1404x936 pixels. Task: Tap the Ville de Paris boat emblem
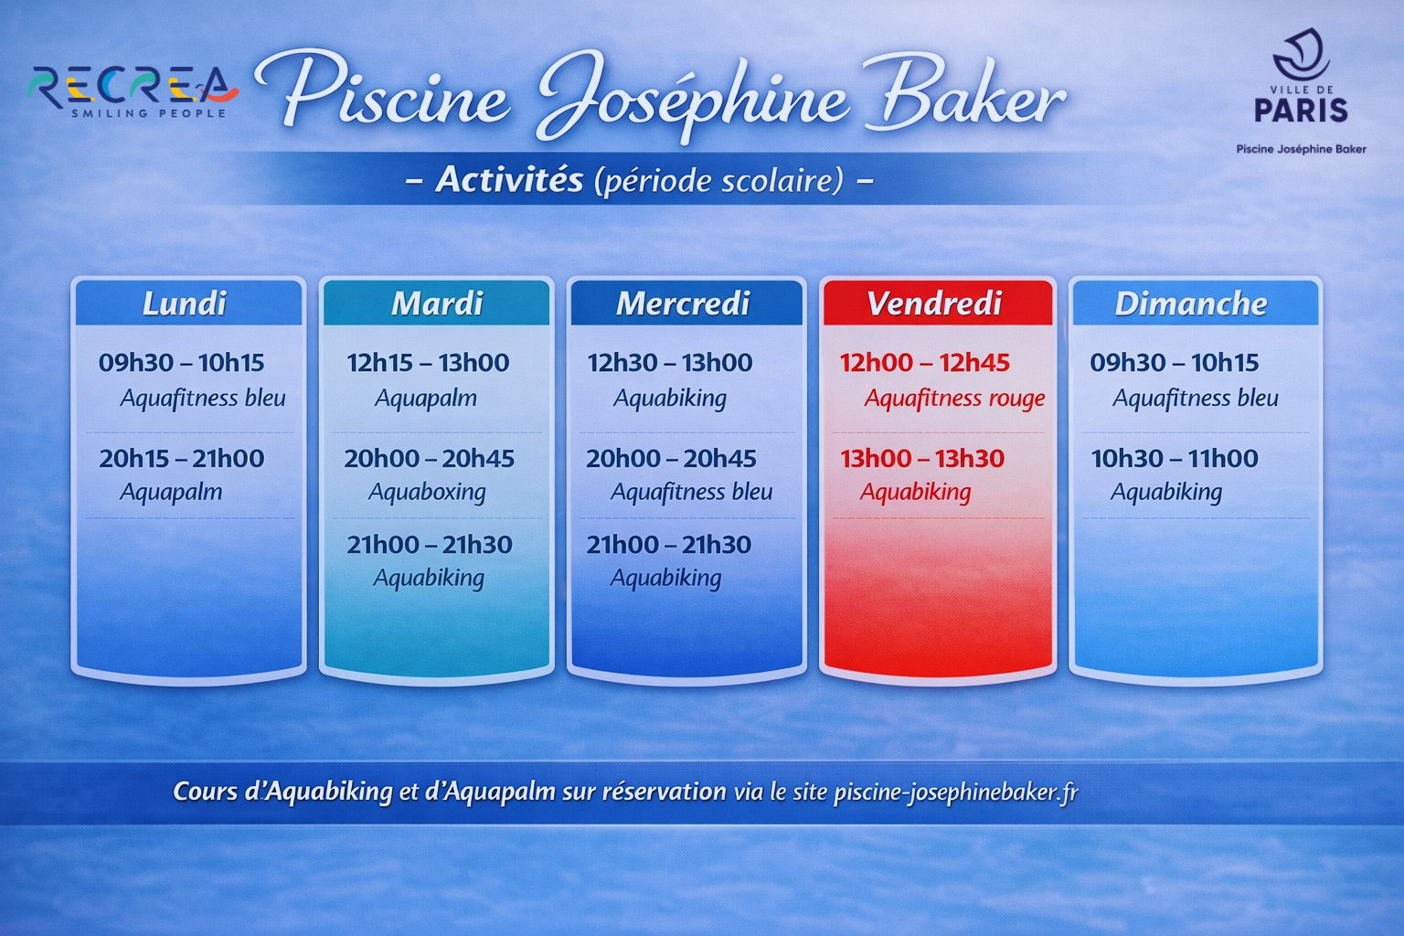[x=1301, y=53]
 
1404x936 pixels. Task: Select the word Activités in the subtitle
[x=509, y=180]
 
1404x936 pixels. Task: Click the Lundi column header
[x=185, y=303]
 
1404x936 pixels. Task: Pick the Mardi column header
[x=437, y=303]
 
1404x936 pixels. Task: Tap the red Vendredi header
[x=934, y=303]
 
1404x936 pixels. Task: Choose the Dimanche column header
[x=1190, y=303]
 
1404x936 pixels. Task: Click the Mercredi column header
[x=683, y=303]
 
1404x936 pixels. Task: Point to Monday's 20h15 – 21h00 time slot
[x=182, y=458]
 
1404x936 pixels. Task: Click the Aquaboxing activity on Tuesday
[x=427, y=492]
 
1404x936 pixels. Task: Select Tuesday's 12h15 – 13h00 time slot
[x=428, y=362]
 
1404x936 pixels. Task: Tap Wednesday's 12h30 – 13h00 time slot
[x=670, y=362]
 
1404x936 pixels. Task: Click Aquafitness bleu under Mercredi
[x=691, y=492]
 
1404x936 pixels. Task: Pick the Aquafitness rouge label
[x=954, y=399]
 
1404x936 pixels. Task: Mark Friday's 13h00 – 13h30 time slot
[x=922, y=458]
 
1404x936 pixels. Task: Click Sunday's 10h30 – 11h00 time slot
[x=1175, y=458]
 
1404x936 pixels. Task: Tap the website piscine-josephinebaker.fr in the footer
[x=956, y=792]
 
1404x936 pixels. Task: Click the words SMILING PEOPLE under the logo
[x=149, y=113]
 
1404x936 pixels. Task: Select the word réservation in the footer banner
[x=665, y=792]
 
